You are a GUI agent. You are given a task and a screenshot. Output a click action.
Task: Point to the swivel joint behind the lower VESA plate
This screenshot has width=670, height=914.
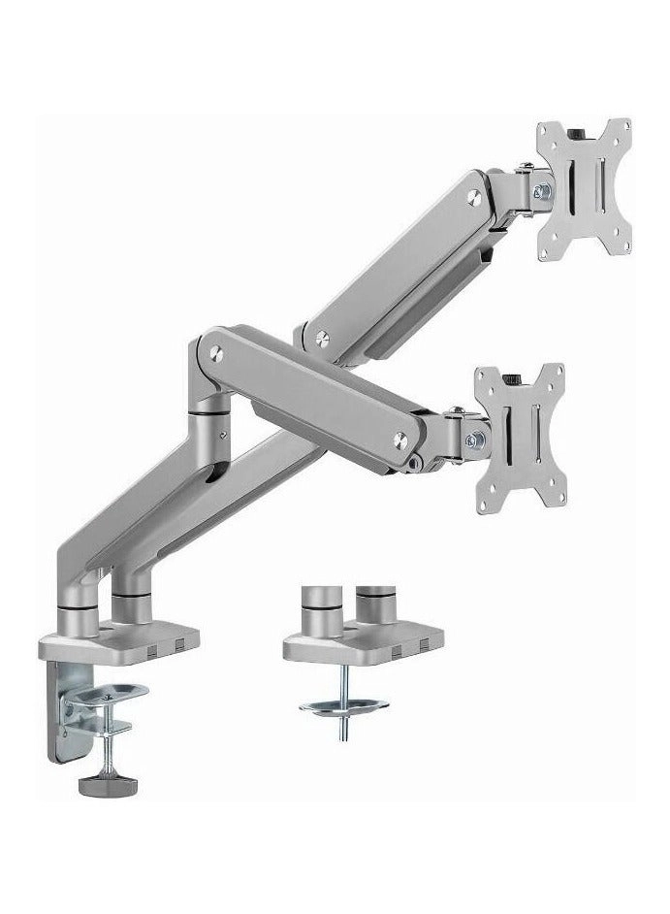pyautogui.click(x=469, y=431)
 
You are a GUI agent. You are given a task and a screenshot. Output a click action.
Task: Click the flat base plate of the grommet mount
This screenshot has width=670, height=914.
pyautogui.click(x=364, y=641)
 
